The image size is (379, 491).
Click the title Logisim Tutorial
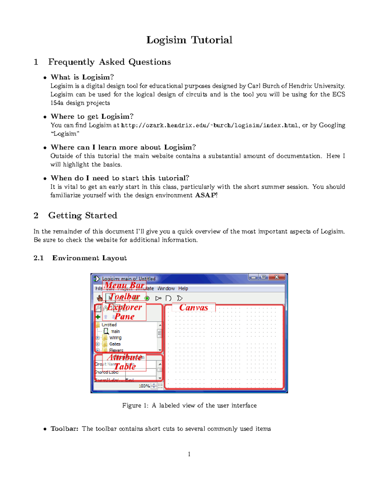(189, 40)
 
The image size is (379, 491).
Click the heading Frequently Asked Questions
(109, 62)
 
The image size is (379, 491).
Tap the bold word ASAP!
(206, 195)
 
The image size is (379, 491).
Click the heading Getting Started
(82, 216)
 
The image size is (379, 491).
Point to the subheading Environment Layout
(89, 258)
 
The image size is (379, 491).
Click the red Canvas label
(194, 308)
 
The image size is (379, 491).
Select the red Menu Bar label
(124, 285)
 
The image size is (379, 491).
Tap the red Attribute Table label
(124, 362)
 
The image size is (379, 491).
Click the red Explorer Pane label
(124, 312)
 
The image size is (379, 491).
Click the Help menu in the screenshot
(183, 288)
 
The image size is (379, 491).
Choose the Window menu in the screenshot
(166, 288)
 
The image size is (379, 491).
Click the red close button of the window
(277, 277)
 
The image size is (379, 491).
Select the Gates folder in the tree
(115, 344)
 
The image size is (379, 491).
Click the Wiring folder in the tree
(115, 338)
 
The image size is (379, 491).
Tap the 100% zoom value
(144, 386)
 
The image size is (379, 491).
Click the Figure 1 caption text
(189, 406)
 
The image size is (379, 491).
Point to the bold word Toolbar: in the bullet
(64, 429)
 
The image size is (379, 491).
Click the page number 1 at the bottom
(189, 454)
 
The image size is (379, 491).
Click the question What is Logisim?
(82, 77)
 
